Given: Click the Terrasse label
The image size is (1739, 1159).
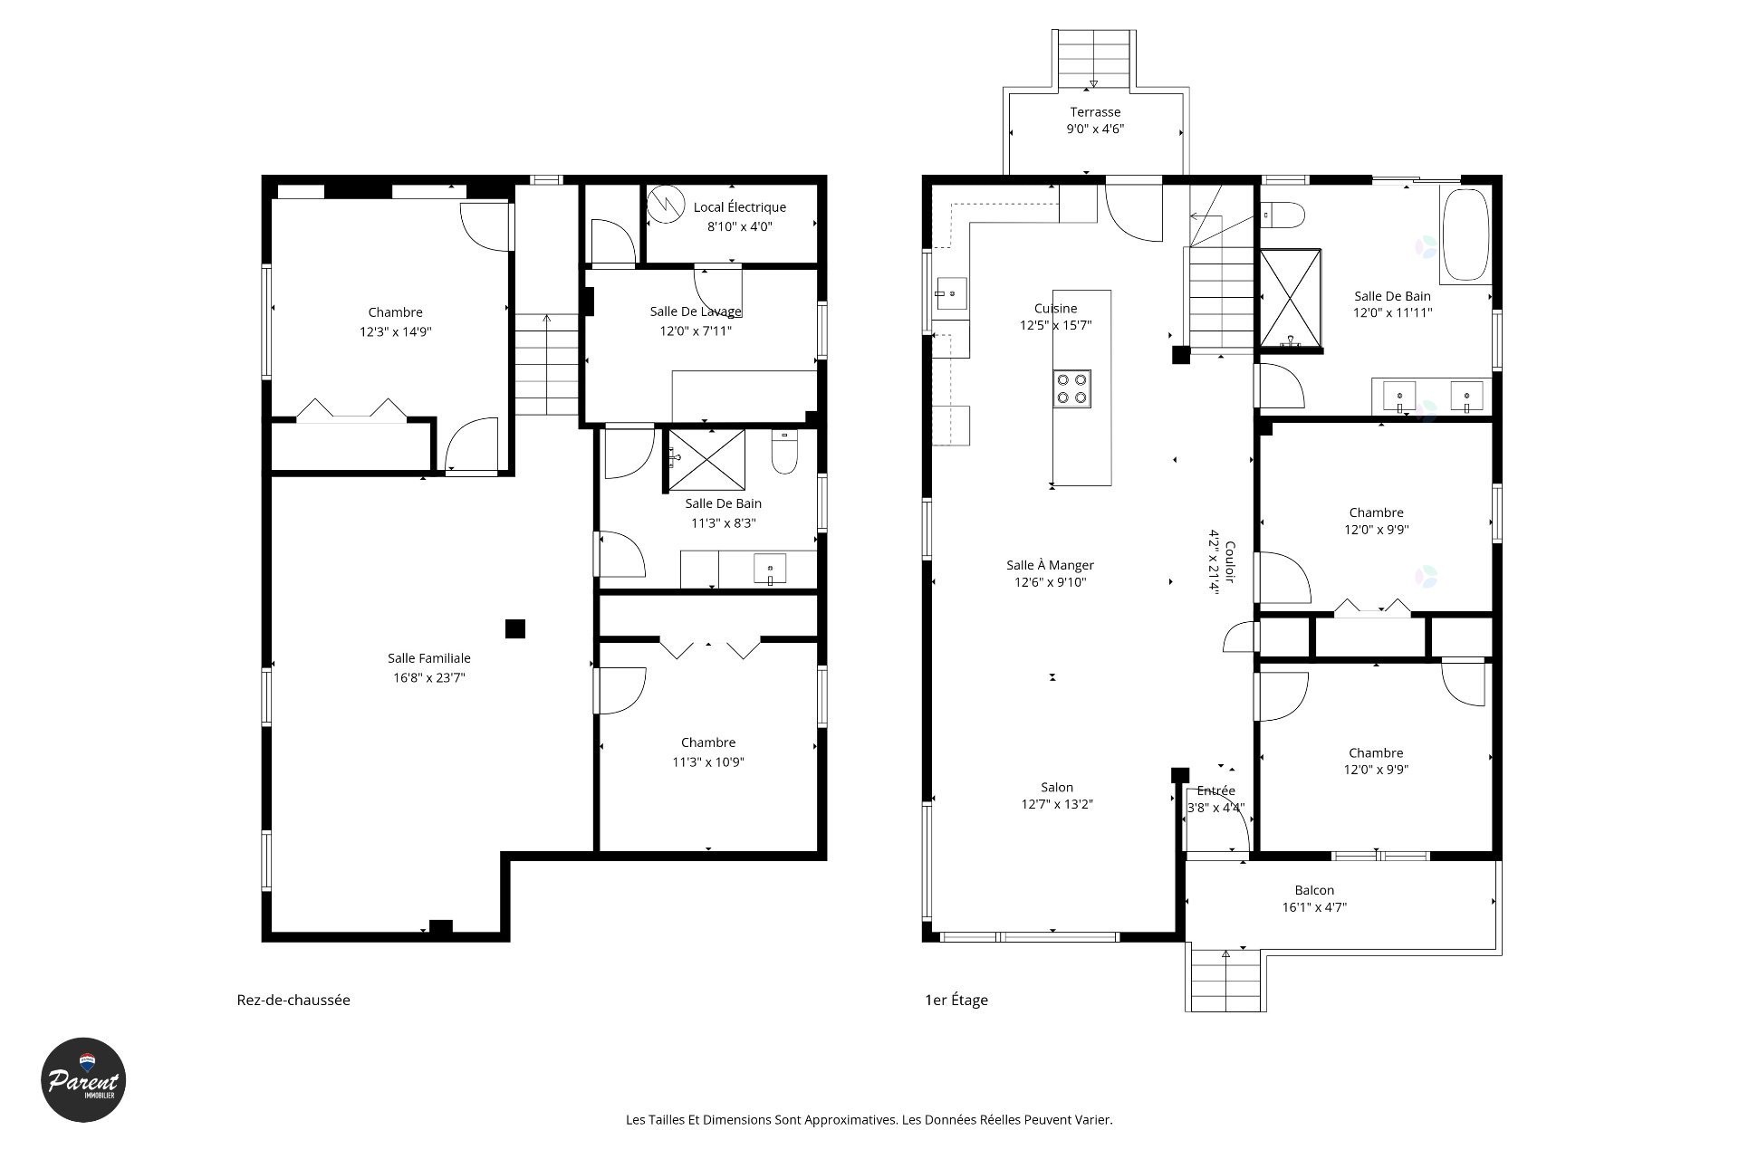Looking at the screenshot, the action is click(x=1095, y=112).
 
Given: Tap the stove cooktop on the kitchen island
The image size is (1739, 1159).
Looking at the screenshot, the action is click(x=1071, y=388).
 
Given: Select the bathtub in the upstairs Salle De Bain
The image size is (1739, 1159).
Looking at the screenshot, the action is click(x=1465, y=235).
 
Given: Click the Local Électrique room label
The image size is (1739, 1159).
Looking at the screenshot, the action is click(x=740, y=207).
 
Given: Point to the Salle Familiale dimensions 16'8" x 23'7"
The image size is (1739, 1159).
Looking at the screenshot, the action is click(x=429, y=677).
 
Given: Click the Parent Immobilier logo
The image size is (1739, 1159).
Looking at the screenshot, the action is click(x=83, y=1079).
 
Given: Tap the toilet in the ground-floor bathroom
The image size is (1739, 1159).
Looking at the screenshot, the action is click(x=784, y=453).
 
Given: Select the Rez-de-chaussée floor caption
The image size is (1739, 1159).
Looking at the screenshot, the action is click(x=293, y=1000).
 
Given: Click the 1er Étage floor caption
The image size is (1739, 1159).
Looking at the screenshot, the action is click(x=956, y=1000).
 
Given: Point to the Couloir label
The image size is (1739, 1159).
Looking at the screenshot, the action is click(x=1230, y=562).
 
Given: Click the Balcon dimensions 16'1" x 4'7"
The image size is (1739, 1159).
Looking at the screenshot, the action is click(x=1314, y=907).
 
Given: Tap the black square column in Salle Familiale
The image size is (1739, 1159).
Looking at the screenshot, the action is click(x=515, y=628).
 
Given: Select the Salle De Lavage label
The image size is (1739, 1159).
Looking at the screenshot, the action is click(x=696, y=311).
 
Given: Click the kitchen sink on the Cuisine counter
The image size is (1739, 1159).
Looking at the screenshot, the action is click(x=951, y=294).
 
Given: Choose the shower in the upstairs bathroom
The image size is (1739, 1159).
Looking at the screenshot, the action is click(x=1291, y=299).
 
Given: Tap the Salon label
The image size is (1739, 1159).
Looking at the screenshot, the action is click(x=1057, y=788).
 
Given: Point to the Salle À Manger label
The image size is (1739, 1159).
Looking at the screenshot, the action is click(x=1051, y=565).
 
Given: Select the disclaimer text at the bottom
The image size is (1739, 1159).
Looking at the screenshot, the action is click(x=869, y=1119).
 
